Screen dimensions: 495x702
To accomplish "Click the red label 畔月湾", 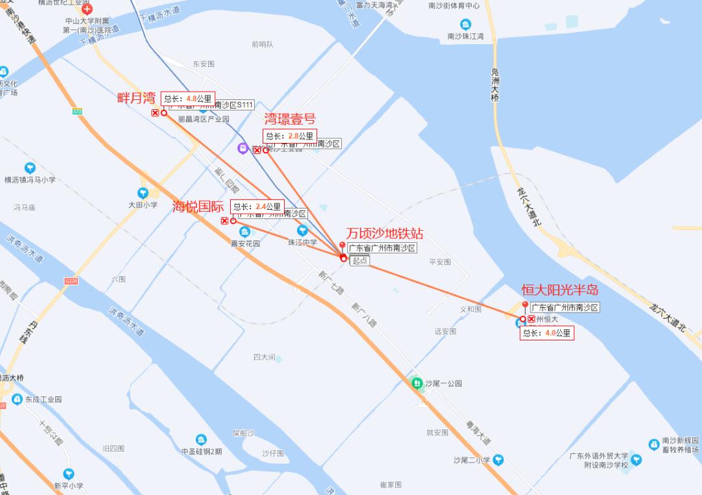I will (136, 98).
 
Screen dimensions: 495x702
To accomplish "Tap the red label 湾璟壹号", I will (289, 119).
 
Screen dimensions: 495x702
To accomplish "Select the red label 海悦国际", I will (198, 207).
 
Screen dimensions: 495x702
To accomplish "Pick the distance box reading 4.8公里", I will (188, 99).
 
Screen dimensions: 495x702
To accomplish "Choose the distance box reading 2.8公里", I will (289, 136).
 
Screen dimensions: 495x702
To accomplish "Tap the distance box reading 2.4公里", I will (257, 207).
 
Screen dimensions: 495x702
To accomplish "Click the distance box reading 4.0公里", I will (547, 333).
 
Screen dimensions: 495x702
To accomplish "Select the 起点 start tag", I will (359, 260).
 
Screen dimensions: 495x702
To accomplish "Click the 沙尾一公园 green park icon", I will (416, 383).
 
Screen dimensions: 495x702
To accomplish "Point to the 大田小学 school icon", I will (143, 193).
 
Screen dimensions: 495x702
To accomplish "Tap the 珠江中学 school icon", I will (302, 231).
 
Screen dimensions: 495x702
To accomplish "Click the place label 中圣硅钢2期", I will (201, 451).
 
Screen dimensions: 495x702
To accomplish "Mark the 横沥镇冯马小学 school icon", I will (30, 168).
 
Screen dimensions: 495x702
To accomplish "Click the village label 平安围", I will (440, 262).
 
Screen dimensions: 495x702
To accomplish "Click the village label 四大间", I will (265, 357).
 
